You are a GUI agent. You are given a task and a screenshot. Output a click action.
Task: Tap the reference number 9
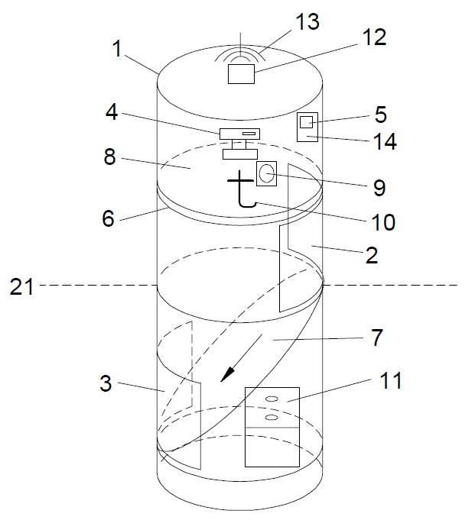point(379,186)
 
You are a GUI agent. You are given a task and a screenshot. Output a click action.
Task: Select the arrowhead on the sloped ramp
point(226,374)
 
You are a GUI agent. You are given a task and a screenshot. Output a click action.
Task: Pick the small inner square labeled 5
point(306,122)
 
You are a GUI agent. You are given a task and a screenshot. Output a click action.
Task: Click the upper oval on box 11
point(271,398)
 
